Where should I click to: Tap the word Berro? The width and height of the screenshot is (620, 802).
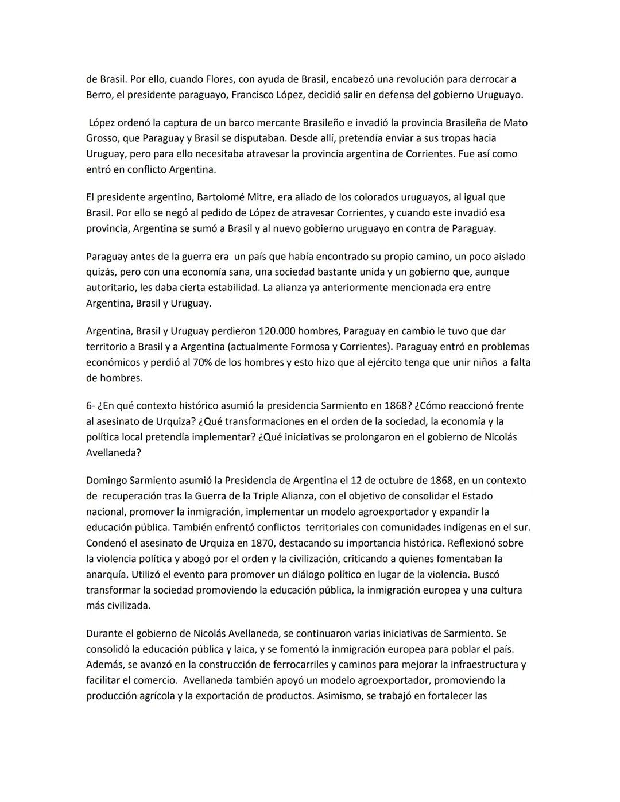(99, 95)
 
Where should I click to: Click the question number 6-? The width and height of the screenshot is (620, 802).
(91, 406)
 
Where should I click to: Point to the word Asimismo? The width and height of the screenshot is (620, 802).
(339, 696)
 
